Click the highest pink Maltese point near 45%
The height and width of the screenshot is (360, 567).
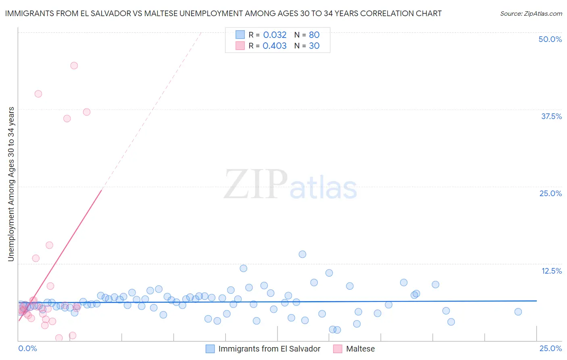tap(74, 65)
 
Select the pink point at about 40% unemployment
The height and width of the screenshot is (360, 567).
tap(38, 94)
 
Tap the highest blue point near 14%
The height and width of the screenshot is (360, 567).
tap(302, 254)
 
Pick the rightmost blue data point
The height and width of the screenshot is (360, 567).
tap(518, 312)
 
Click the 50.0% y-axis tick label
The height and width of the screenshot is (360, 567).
tap(550, 39)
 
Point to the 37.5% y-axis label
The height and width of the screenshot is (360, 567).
tap(551, 116)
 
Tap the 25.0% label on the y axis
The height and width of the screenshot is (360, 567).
tap(550, 193)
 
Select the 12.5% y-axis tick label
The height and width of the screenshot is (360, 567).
tap(551, 271)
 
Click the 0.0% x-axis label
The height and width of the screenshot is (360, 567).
tap(27, 348)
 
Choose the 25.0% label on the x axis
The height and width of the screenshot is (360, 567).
tap(550, 348)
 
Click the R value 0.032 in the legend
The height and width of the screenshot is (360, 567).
tap(275, 35)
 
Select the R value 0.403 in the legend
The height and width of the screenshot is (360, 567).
tap(275, 46)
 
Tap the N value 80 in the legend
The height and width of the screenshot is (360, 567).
tap(314, 35)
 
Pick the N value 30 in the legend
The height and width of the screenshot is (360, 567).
tap(314, 46)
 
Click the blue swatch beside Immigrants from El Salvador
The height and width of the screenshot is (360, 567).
tap(210, 349)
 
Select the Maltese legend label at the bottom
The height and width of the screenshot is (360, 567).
tap(360, 349)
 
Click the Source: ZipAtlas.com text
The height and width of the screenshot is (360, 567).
tap(531, 13)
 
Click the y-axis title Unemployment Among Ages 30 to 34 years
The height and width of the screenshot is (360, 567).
tap(11, 184)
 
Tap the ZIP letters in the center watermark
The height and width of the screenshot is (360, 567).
tap(256, 185)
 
